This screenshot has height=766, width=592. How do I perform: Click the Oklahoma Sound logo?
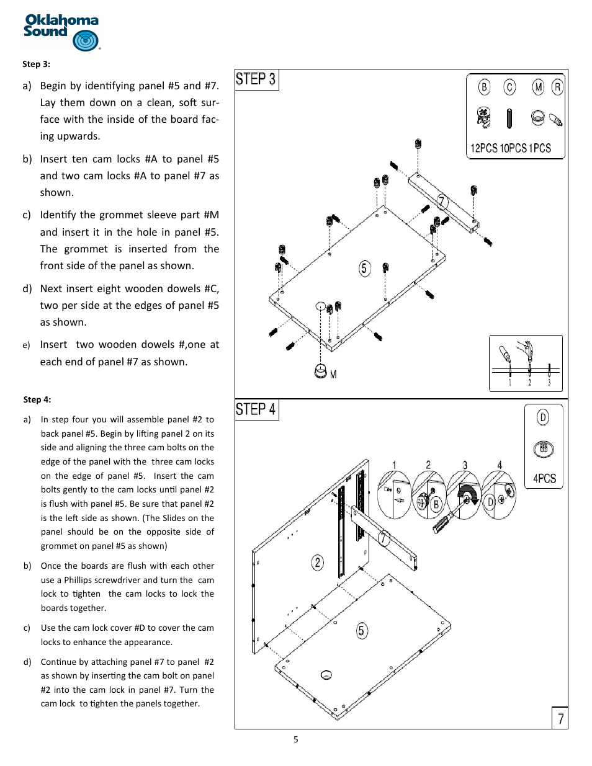[61, 32]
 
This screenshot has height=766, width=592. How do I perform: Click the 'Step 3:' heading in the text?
[36, 64]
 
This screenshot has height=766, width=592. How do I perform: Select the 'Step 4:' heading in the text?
[37, 399]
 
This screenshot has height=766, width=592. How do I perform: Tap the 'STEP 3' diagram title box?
[256, 79]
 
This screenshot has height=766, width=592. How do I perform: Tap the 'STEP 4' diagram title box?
[256, 409]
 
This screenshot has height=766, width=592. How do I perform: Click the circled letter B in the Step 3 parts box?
[484, 87]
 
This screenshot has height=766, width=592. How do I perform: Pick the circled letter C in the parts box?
[509, 87]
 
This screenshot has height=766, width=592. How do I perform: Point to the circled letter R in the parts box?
[557, 87]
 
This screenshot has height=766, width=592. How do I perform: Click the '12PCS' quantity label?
[483, 148]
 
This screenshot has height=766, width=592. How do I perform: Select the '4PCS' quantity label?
[544, 478]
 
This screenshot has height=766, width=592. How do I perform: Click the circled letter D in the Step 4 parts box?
[543, 417]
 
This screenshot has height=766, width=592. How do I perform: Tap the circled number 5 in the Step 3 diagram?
[364, 268]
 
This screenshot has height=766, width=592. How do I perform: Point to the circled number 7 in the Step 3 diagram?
[442, 202]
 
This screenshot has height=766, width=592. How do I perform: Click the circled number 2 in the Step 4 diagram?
[317, 562]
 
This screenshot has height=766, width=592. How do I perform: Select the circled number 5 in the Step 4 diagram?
[362, 631]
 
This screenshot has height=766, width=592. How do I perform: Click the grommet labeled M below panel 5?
[321, 371]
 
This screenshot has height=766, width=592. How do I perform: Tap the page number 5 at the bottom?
[296, 739]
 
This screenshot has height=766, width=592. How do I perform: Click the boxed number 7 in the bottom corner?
[560, 718]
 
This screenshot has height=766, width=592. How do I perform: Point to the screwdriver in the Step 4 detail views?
[444, 521]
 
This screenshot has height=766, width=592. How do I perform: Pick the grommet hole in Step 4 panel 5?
[326, 675]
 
